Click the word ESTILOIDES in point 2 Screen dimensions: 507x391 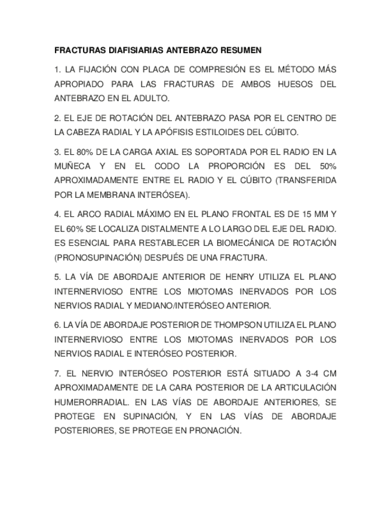click(236, 132)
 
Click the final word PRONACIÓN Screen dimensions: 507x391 click(212, 430)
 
